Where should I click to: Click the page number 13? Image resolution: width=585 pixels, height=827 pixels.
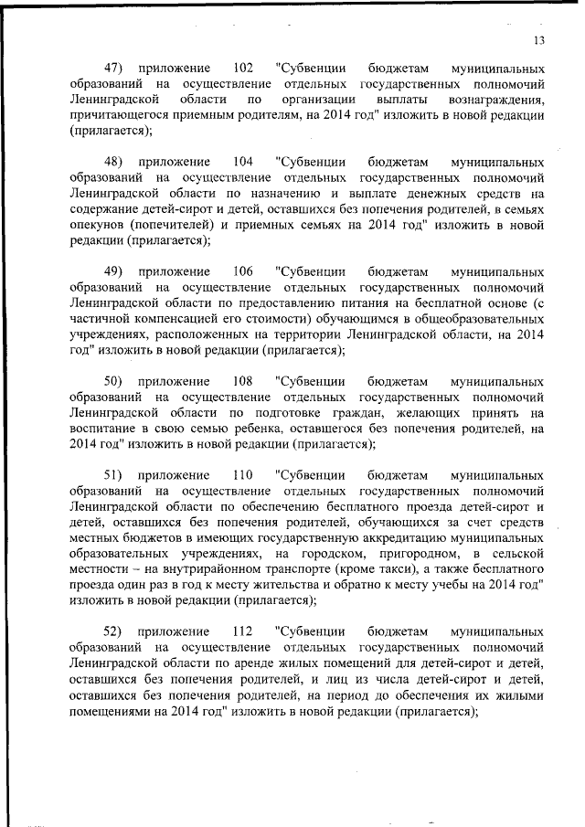click(x=538, y=39)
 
